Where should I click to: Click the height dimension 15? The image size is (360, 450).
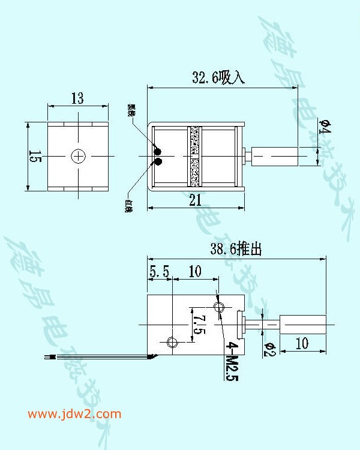tap(35, 157)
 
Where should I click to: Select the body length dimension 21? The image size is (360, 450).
tap(196, 201)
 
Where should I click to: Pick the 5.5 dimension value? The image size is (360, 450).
tap(160, 272)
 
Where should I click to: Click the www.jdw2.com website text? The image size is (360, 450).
tap(74, 414)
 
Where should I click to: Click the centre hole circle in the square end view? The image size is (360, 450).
tap(79, 156)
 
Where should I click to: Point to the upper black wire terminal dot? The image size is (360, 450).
tap(158, 150)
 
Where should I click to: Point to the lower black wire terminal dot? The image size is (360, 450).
tap(158, 161)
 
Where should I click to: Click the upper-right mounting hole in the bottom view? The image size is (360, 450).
tap(218, 308)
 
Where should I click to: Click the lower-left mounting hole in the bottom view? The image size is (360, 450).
tap(172, 343)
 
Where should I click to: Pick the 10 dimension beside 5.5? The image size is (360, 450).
tap(195, 272)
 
